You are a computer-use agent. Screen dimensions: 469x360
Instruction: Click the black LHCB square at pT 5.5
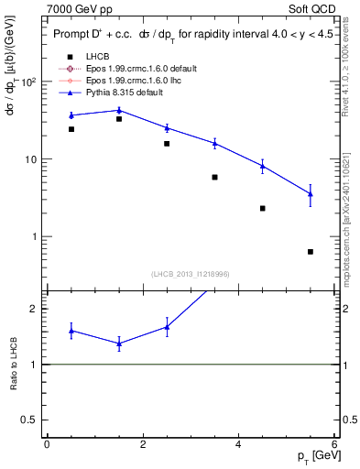click(x=311, y=252)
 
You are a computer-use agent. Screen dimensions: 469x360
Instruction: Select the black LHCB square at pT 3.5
click(x=214, y=177)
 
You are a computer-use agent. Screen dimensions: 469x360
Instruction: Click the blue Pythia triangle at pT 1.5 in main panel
click(x=119, y=110)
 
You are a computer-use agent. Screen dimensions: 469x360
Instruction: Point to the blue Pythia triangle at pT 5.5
click(x=311, y=193)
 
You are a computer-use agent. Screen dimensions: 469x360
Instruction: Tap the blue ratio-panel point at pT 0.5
click(x=71, y=331)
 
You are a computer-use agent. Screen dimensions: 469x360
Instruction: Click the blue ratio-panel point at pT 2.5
click(x=167, y=327)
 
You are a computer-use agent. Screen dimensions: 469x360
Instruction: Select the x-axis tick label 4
click(x=238, y=444)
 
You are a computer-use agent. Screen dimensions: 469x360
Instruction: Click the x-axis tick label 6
click(x=334, y=444)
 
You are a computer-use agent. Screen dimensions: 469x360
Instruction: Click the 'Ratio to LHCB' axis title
click(x=13, y=364)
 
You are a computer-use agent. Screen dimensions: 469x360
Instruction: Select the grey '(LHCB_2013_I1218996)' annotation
click(x=190, y=274)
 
